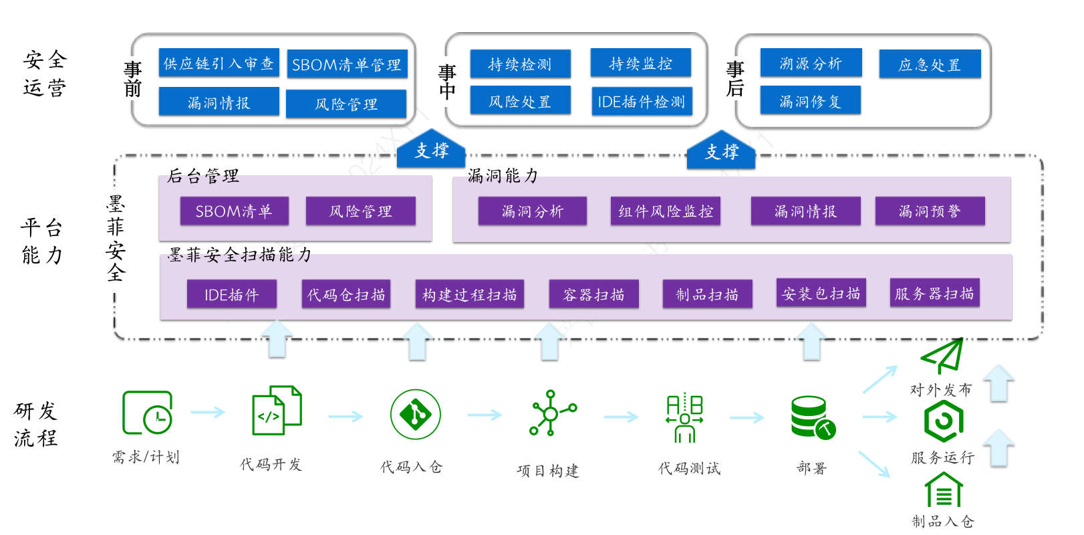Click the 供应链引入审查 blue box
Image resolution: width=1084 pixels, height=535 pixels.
[219, 63]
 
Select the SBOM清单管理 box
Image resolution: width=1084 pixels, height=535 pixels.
[347, 64]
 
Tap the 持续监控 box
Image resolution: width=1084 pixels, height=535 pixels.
[640, 64]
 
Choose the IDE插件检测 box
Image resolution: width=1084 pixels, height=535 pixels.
[641, 102]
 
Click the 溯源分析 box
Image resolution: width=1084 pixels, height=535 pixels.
[811, 64]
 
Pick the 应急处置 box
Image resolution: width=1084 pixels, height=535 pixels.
[930, 64]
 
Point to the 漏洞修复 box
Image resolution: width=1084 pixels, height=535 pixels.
[810, 101]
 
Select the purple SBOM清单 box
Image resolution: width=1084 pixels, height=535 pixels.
[234, 211]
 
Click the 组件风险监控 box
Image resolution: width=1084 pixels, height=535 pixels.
[665, 211]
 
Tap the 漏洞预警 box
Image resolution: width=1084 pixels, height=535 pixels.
[930, 211]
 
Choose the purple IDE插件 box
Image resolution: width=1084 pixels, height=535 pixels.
[231, 294]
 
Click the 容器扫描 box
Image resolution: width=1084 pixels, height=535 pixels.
[593, 294]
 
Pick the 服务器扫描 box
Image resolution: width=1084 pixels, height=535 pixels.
[934, 293]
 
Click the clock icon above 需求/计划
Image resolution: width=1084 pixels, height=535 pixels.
[148, 413]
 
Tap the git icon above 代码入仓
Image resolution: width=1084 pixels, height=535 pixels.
[415, 415]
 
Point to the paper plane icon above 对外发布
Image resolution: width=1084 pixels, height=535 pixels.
[942, 355]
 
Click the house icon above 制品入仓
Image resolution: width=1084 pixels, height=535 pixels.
[943, 490]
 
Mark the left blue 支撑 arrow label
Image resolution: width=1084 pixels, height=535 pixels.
[431, 150]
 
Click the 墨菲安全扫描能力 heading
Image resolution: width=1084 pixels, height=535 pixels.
[239, 255]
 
